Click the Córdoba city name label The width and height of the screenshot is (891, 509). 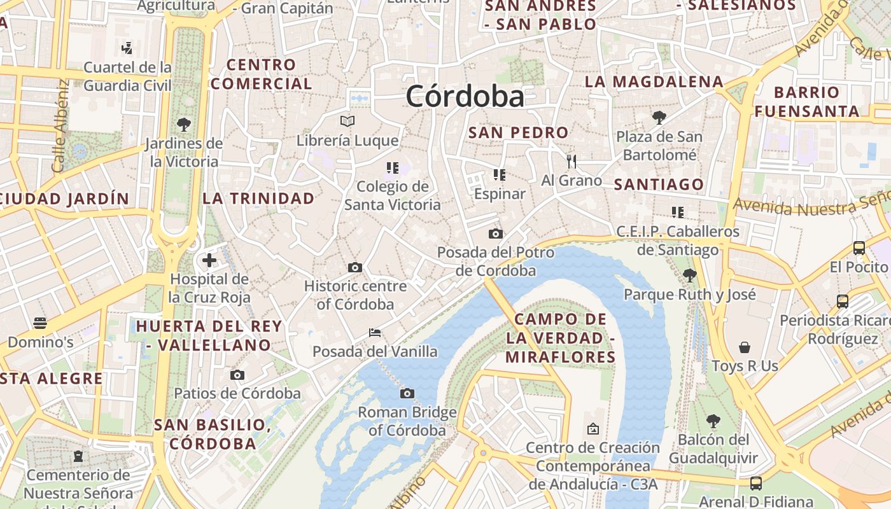point(465,97)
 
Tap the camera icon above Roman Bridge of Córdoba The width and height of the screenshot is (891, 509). point(407,393)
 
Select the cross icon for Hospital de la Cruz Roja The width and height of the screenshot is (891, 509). point(209,260)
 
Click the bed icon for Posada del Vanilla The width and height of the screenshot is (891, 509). point(375,332)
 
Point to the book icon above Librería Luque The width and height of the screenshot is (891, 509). point(347,121)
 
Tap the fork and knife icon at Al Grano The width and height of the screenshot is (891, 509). point(572,162)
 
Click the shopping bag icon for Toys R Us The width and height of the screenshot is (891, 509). point(745,347)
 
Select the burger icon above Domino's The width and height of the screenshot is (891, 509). point(40,323)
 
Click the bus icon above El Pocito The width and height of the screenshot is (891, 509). point(859,248)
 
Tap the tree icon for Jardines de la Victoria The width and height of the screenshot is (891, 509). point(184,124)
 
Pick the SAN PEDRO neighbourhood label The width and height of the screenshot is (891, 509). point(518,132)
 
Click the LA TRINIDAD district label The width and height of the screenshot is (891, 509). point(258,198)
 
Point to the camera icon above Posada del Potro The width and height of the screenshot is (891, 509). point(496,234)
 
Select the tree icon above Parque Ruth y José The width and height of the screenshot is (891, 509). point(689,275)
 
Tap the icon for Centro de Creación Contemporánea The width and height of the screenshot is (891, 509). point(593,429)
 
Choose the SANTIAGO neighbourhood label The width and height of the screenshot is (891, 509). point(659,185)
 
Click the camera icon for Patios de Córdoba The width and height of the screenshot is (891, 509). point(237,375)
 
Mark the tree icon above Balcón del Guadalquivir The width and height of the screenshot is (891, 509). point(713,421)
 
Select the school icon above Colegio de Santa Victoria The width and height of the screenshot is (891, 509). point(392,168)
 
